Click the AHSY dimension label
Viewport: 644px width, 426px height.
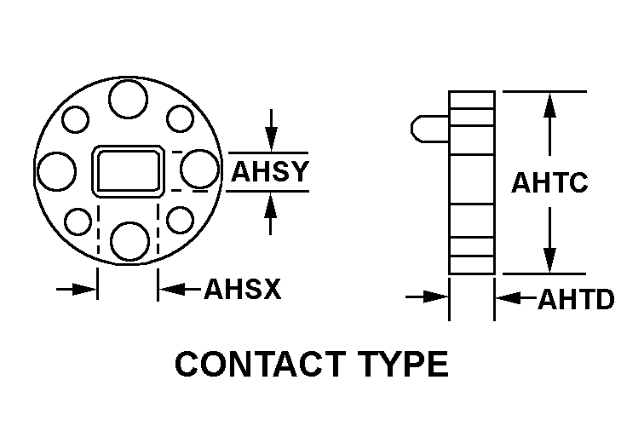pyautogui.click(x=269, y=171)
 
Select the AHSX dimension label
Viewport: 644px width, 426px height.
pyautogui.click(x=242, y=290)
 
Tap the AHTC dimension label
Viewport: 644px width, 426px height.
pyautogui.click(x=549, y=183)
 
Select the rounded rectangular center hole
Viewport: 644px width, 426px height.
pyautogui.click(x=128, y=170)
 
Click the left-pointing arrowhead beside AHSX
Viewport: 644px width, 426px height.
pyautogui.click(x=170, y=290)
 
